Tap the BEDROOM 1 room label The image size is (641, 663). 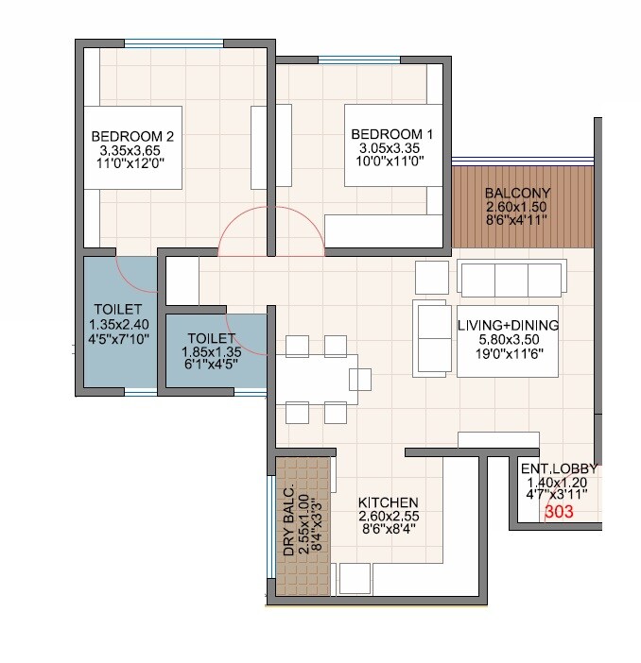point(391,134)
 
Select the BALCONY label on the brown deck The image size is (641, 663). point(517,193)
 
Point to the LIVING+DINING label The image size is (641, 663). point(508,325)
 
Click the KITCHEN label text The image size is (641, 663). point(389,502)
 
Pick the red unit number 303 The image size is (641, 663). point(559,513)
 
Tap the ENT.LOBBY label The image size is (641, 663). point(559,467)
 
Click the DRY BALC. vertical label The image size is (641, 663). point(289,518)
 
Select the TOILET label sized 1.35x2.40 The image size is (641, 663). point(117,309)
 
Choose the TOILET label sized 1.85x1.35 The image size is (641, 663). point(211,337)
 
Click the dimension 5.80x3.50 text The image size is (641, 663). point(508,340)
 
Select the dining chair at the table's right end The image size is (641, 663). point(360,379)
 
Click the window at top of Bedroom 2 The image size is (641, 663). point(174,42)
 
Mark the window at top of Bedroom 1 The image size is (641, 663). point(358,61)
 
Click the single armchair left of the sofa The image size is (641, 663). point(431,278)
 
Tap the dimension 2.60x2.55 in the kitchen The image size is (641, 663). point(389,517)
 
